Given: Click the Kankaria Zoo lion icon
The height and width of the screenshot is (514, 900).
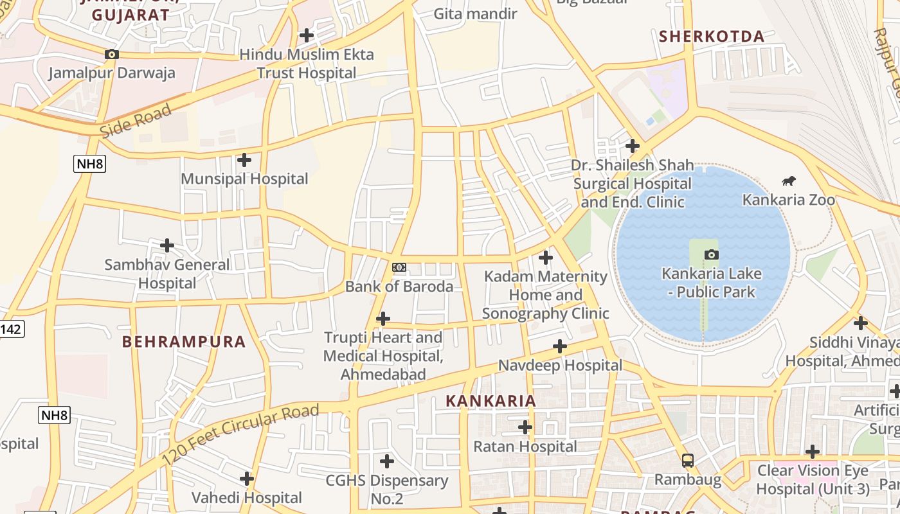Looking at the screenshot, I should pos(788,181).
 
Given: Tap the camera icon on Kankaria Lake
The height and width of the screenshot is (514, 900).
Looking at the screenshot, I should pos(711,254).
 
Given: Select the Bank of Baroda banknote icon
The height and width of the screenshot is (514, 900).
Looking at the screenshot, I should pos(399,267).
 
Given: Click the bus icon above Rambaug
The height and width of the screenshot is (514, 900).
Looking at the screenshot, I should pos(687,460).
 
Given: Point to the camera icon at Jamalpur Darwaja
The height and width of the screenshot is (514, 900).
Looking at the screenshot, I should pos(112,55).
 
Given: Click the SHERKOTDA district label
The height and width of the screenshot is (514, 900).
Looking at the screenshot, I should pos(712,37).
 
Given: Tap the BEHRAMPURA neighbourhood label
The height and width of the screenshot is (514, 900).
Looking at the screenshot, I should pos(184,342).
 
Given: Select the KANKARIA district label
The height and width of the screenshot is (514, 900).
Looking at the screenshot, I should pos(491,401).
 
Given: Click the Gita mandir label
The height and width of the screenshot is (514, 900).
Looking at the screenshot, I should pos(475,13).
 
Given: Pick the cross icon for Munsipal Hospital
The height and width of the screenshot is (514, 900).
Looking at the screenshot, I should pos(244,159).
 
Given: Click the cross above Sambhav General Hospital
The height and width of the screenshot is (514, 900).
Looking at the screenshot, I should pos(167,245).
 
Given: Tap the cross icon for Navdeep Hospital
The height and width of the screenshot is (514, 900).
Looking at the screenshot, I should pos(560,346).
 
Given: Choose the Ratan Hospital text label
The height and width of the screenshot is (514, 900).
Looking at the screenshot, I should pos(525,446).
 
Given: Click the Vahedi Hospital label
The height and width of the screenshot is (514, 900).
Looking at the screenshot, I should pos(247,497).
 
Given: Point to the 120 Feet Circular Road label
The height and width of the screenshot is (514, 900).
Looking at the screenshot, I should pos(240,436).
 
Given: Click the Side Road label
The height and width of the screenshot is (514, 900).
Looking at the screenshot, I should pos(136,121).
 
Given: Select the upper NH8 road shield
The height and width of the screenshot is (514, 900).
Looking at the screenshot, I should pos(89,164).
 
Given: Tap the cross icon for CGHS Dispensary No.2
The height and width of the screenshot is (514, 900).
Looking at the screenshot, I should pos(386,461).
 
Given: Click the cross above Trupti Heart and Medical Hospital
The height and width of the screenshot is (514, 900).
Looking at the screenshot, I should pos(383,318).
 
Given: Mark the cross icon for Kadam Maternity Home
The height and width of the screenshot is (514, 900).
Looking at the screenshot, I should pos(545,258).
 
